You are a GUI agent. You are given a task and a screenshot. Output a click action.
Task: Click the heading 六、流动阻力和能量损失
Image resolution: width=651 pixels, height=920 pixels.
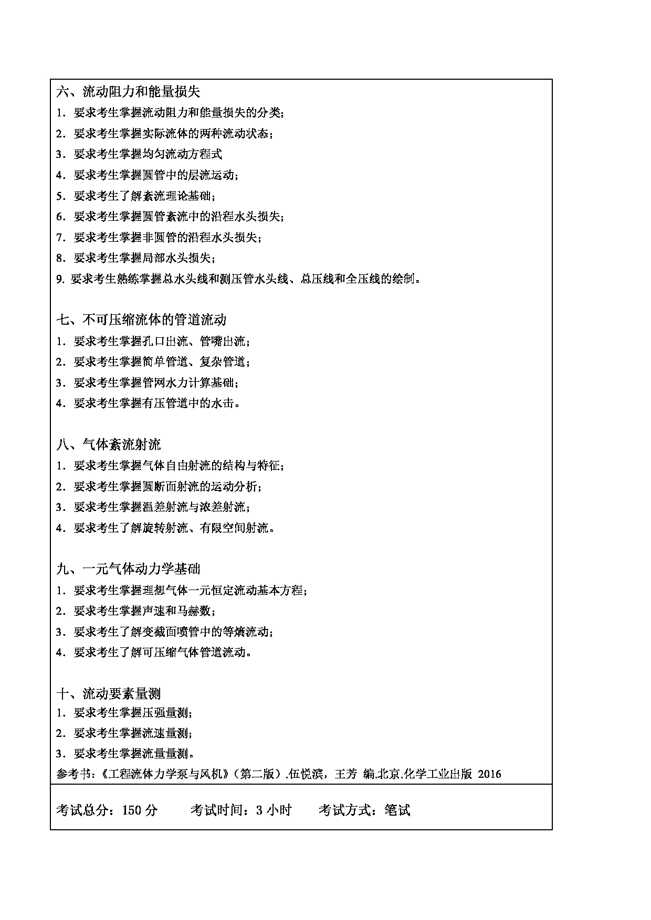(x=128, y=92)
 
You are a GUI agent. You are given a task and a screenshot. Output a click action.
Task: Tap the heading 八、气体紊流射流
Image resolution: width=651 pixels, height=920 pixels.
(x=109, y=445)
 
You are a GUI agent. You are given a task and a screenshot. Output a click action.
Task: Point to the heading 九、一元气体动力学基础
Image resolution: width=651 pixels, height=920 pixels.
(x=128, y=569)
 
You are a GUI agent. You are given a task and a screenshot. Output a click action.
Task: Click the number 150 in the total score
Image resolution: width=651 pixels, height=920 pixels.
(x=132, y=810)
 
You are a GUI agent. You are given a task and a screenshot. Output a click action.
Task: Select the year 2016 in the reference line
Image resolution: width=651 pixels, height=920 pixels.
(x=490, y=774)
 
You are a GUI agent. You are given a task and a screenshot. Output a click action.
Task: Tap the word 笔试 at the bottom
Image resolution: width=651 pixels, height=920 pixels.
(x=397, y=810)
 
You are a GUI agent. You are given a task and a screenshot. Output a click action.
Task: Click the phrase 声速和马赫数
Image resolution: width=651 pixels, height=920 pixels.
(x=176, y=611)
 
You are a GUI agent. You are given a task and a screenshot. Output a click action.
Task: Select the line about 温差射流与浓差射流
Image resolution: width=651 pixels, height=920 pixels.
(x=153, y=507)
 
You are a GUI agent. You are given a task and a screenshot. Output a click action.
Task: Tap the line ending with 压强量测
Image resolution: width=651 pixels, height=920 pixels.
(x=124, y=713)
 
